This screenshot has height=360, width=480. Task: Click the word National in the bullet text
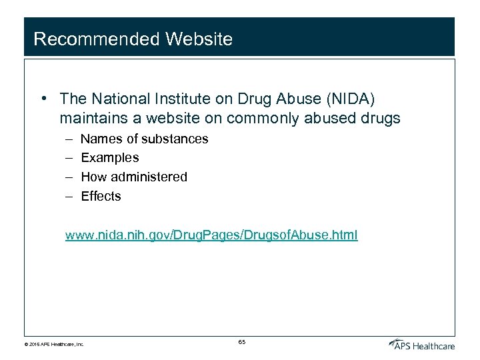[115, 99]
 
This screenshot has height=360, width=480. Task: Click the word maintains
[91, 119]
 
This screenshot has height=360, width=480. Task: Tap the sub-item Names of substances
[145, 139]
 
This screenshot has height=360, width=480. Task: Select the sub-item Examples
[110, 158]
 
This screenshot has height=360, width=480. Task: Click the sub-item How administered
[134, 177]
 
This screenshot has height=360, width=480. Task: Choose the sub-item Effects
[101, 196]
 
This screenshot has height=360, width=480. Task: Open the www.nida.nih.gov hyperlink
[211, 235]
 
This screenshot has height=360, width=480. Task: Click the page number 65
[241, 342]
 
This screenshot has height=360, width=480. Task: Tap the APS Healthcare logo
[422, 344]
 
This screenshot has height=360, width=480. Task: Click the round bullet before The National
[43, 99]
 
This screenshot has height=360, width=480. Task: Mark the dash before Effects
[70, 196]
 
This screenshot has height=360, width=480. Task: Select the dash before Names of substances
[70, 139]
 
